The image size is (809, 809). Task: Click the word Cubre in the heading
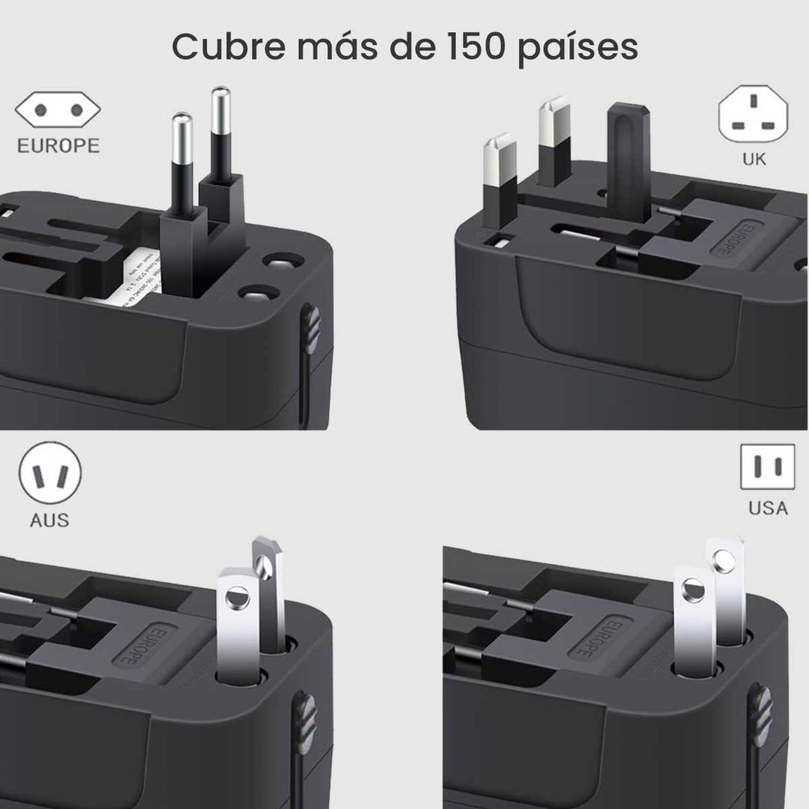pos(225,47)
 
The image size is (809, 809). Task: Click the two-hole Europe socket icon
pos(58,111)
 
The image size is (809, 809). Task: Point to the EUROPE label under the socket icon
pos(58,145)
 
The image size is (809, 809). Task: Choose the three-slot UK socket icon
pos(753,112)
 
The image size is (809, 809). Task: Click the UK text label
pos(754,159)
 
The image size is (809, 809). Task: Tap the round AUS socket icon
pos(50,474)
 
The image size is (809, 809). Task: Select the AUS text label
pos(49,520)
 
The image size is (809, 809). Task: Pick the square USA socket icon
pos(767,467)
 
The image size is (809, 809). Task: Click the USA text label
pos(768,508)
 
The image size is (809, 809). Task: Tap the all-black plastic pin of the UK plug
pos(628,157)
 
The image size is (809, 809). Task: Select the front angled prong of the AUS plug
pos(237,622)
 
